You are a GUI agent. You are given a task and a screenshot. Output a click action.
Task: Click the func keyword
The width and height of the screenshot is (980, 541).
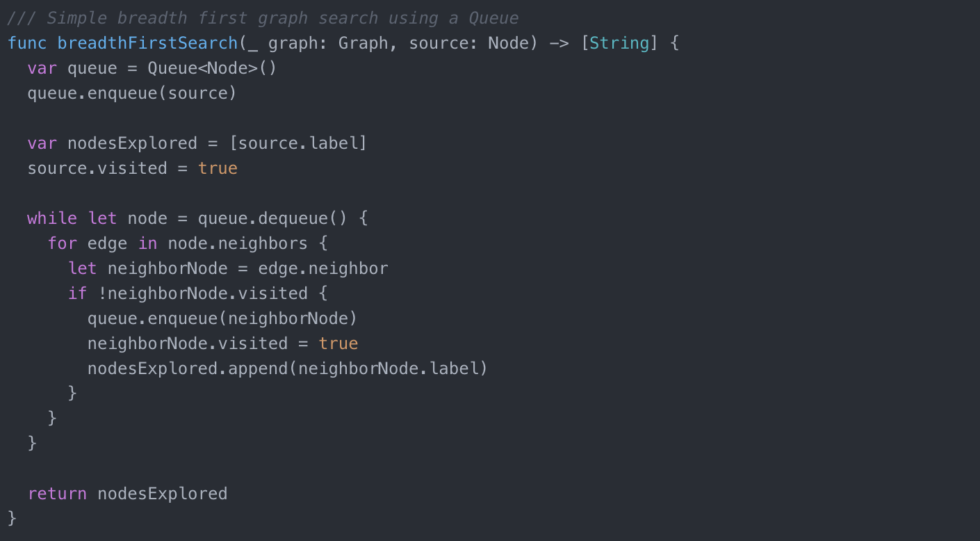tap(27, 43)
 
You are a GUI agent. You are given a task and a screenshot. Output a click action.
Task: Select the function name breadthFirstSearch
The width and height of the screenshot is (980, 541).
tap(147, 43)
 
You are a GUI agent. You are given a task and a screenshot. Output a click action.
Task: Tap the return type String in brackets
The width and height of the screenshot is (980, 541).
tap(619, 43)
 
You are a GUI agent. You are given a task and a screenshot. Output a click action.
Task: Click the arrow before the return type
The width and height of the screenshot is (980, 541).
tap(559, 44)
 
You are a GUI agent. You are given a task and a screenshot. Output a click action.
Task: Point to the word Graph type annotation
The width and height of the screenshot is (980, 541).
tap(363, 43)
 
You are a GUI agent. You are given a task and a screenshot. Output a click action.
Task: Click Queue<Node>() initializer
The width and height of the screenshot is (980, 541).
tap(212, 68)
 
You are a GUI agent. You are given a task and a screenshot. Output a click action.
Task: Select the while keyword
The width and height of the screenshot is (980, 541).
tap(52, 218)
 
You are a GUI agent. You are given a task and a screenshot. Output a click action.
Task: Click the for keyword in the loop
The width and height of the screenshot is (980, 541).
tap(62, 243)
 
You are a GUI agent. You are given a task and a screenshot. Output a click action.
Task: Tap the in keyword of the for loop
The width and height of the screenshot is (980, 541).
tap(147, 243)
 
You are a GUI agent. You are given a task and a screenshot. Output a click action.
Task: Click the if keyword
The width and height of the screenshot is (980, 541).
tap(77, 293)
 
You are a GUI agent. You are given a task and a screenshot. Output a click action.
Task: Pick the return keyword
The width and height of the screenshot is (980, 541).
tap(57, 494)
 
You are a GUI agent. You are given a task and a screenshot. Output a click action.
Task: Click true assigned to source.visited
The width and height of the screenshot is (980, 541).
tap(218, 168)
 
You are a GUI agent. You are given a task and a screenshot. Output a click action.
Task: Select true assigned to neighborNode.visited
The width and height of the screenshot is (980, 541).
tap(338, 344)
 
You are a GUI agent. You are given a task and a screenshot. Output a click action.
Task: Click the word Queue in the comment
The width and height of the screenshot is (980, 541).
tap(493, 18)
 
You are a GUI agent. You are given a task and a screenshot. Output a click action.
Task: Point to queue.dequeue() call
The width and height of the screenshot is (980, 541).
tap(272, 218)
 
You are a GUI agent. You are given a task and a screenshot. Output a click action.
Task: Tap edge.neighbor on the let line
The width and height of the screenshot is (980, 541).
tap(323, 268)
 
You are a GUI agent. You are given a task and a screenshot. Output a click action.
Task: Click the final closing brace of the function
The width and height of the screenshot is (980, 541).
tap(13, 519)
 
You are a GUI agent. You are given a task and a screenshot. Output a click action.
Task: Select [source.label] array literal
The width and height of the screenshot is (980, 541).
tap(298, 143)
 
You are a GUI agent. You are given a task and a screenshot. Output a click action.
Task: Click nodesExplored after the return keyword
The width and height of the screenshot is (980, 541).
tap(163, 494)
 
